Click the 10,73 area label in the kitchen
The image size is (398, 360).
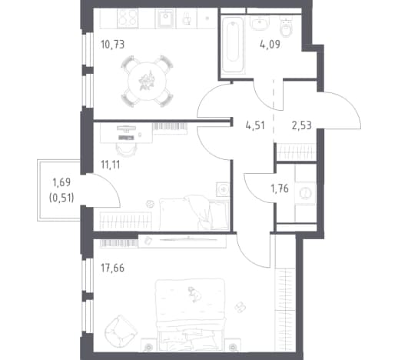pos(113,45)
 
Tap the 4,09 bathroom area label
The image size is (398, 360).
pos(270,45)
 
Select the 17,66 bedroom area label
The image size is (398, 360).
pos(112,268)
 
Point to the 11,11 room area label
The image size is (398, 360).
pos(111,165)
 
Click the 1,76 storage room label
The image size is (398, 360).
pos(280,188)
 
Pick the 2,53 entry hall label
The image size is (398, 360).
pos(302,125)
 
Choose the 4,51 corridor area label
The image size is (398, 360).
pos(255,125)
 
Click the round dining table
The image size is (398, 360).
pos(147,81)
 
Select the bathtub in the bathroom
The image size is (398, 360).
pos(233,45)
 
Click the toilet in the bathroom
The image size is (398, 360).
pos(286,27)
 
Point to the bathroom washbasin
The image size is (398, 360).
pos(259,22)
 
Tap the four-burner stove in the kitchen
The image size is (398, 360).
pos(127,18)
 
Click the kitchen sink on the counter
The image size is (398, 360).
pos(166,18)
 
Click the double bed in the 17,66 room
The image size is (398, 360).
pos(191,315)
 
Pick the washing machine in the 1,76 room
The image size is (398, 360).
pos(305,192)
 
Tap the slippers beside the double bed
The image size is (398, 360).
pos(240,307)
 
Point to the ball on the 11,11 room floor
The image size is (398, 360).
pos(150,204)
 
